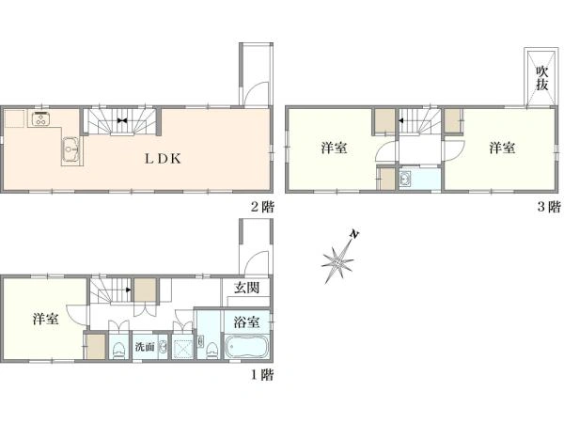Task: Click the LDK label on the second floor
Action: click(163, 159)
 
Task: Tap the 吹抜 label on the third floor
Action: click(541, 78)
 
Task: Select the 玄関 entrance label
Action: click(246, 288)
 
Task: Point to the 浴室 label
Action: click(246, 321)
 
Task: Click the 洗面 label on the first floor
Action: click(145, 347)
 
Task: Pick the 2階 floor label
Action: click(262, 207)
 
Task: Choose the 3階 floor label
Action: click(549, 207)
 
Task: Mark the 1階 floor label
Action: click(262, 375)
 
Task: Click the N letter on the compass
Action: click(354, 234)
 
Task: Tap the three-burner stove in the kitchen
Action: click(41, 119)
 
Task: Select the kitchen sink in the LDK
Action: click(71, 149)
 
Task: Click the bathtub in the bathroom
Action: click(246, 347)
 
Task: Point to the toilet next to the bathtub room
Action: click(211, 350)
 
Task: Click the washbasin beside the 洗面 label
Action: click(163, 347)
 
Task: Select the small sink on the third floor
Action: click(406, 179)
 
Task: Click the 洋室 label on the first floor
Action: click(46, 319)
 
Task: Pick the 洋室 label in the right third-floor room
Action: click(502, 148)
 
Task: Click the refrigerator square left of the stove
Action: click(15, 118)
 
